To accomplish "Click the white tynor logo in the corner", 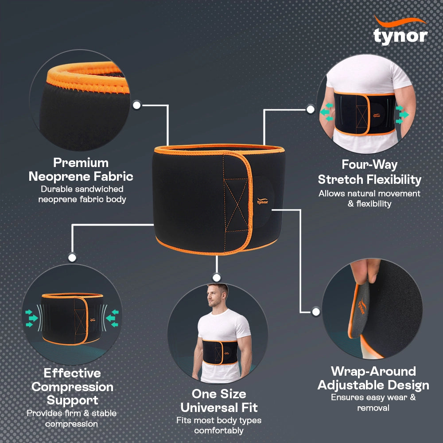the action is (x=400, y=31).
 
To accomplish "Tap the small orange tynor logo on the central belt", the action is (x=262, y=201).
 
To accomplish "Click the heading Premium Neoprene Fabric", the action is (x=81, y=170).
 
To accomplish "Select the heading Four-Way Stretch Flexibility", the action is (x=369, y=172).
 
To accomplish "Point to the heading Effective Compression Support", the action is (x=72, y=386).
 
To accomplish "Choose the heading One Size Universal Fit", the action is (x=219, y=400).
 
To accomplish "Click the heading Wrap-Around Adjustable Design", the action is (x=373, y=378).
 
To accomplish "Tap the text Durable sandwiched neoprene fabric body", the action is (x=82, y=194).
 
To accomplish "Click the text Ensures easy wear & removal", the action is (x=373, y=402).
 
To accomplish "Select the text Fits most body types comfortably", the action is (x=219, y=425).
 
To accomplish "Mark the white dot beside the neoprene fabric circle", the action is (x=137, y=105).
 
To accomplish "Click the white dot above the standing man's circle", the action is (x=217, y=277).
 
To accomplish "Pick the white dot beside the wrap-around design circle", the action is (x=316, y=312).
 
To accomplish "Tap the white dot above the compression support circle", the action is (x=72, y=257).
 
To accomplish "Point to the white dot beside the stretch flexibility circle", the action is (x=311, y=109).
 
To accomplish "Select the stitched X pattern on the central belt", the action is (x=236, y=205).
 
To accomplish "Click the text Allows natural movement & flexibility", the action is (x=369, y=198).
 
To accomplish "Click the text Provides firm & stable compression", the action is (x=72, y=419).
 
